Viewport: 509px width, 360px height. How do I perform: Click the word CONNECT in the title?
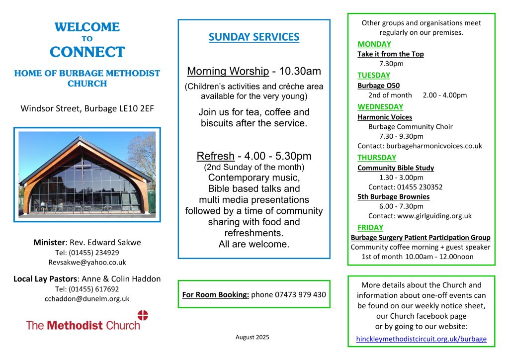87,52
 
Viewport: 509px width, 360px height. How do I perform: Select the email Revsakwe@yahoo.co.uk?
87,262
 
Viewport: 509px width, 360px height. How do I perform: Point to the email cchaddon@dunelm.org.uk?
87,298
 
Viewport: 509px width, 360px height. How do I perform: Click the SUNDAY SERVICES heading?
254,37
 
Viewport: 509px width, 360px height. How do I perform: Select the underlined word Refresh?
215,156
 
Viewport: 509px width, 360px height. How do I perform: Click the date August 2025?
252,337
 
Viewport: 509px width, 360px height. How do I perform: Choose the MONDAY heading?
374,44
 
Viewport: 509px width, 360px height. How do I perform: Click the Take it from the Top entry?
390,54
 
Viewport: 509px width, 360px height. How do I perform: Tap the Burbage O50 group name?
378,86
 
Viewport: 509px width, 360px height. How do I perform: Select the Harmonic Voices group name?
384,117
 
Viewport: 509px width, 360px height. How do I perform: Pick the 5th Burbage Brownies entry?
393,197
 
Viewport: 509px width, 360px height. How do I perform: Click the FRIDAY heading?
370,228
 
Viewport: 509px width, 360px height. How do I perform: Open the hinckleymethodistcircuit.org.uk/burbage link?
421,340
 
